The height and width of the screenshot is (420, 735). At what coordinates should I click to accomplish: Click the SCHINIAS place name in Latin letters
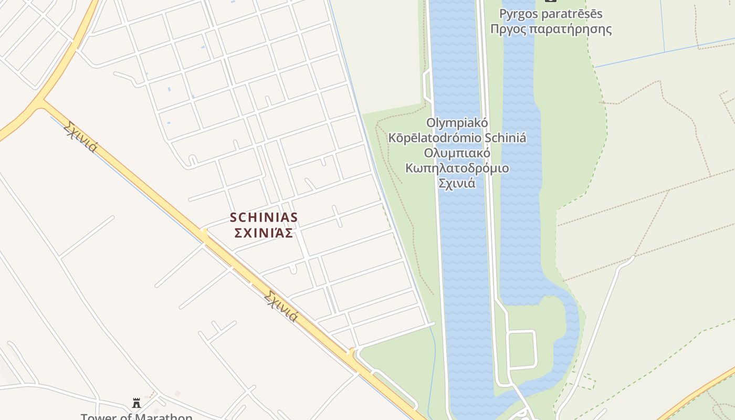click(x=264, y=217)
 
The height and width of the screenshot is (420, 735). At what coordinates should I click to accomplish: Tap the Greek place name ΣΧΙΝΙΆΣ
click(x=264, y=233)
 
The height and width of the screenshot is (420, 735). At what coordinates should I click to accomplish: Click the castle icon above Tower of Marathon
click(x=136, y=403)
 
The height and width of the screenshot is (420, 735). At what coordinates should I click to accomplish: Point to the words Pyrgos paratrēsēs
click(x=551, y=14)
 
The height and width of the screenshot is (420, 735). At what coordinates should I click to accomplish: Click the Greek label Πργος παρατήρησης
click(x=551, y=29)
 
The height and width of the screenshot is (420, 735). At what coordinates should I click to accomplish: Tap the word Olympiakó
click(x=457, y=123)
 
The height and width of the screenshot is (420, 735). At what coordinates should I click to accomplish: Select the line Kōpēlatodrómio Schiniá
click(x=457, y=138)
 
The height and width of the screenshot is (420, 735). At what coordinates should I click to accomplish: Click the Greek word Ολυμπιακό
click(x=457, y=153)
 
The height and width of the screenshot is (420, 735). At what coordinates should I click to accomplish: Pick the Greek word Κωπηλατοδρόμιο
click(x=457, y=169)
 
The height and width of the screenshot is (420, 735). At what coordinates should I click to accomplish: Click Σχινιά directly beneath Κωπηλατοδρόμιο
click(x=457, y=184)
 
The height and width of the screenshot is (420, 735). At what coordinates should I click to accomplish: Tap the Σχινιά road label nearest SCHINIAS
click(x=281, y=306)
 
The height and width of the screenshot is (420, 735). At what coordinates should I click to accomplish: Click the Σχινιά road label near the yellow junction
click(x=80, y=136)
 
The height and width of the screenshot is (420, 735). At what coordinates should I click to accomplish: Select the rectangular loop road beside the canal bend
click(x=521, y=349)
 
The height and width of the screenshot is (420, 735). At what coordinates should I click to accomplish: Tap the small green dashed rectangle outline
click(x=587, y=381)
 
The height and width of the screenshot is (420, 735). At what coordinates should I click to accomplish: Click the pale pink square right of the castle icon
click(x=177, y=393)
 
